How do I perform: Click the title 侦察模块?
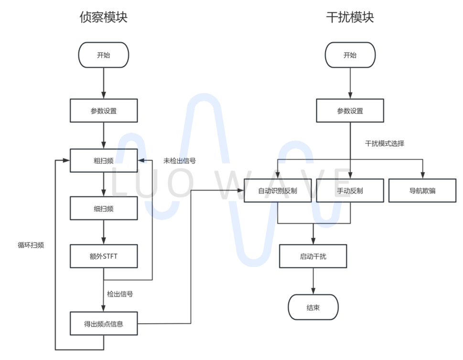tap(103, 18)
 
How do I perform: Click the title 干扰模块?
tap(350, 18)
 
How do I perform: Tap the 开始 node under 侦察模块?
tap(104, 55)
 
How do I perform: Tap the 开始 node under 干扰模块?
tap(350, 55)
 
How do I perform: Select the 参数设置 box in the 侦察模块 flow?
tap(104, 111)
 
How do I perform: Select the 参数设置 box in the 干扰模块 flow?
tap(350, 111)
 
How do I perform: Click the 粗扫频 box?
tap(104, 160)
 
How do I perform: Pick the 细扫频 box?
tap(104, 209)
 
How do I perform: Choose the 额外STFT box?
tap(104, 256)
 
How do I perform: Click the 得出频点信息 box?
tap(104, 324)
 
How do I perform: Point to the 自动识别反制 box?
tap(278, 191)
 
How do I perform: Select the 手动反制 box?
tap(350, 191)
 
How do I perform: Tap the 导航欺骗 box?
tap(422, 191)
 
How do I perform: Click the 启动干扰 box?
tap(313, 256)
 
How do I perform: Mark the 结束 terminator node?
tap(313, 307)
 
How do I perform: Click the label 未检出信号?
tap(180, 161)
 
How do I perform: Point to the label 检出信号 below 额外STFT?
tap(120, 294)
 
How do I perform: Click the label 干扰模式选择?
tap(385, 143)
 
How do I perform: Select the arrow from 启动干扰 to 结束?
tap(313, 281)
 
